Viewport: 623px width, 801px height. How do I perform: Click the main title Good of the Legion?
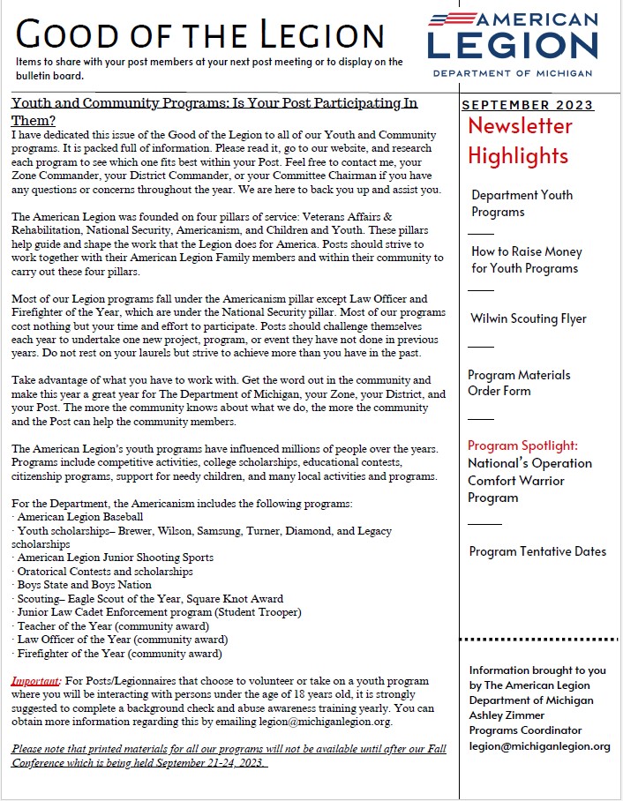tap(201, 34)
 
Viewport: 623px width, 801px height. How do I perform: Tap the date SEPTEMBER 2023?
tap(528, 106)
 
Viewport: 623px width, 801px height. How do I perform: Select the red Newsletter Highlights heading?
tap(520, 141)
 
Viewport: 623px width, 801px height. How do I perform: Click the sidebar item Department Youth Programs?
tap(522, 203)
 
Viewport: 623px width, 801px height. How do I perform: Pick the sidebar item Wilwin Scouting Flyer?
tap(529, 318)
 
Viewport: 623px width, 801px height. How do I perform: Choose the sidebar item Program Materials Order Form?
tap(519, 383)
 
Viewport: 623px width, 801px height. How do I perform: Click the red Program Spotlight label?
tap(522, 445)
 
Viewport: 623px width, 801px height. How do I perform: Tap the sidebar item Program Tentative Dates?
tap(537, 551)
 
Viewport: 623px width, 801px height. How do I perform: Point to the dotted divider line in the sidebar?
tap(538, 640)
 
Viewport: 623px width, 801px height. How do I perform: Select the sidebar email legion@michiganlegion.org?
tap(539, 746)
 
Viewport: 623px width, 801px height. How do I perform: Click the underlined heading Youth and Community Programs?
tap(214, 110)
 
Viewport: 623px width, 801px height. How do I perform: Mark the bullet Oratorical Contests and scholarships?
tap(104, 572)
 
